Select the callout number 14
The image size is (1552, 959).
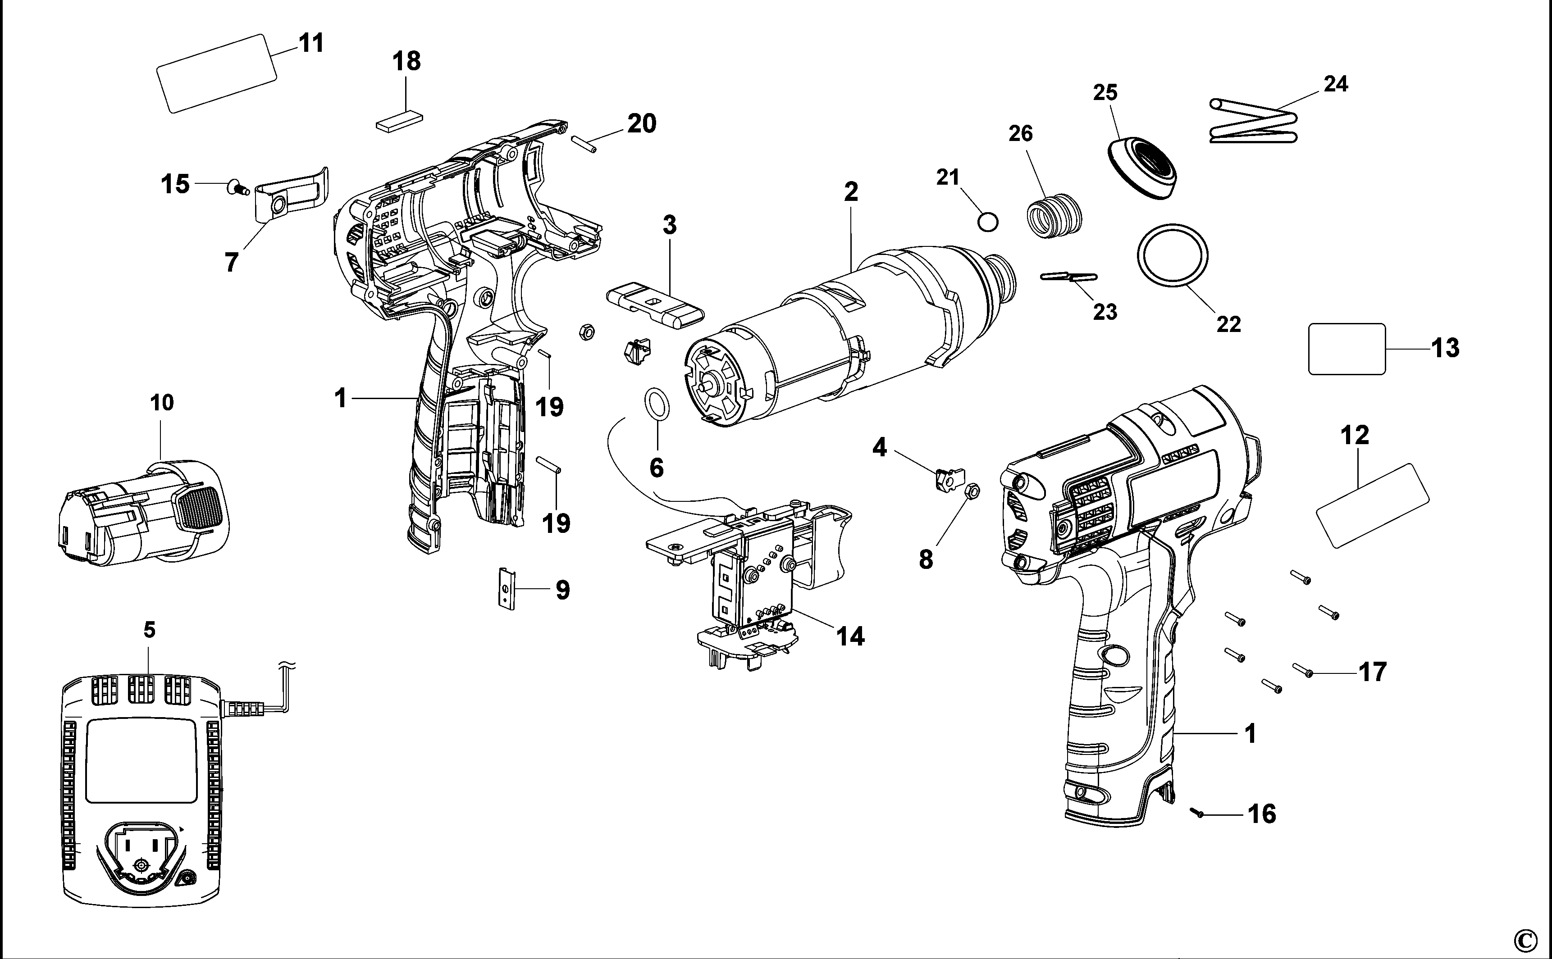851,636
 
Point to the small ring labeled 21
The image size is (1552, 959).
987,222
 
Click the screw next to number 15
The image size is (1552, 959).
238,187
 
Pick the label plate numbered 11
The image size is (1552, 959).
216,73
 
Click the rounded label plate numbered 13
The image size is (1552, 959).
1347,349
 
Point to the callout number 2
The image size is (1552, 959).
851,191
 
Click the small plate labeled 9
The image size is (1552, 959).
506,588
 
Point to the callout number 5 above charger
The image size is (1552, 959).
149,630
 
